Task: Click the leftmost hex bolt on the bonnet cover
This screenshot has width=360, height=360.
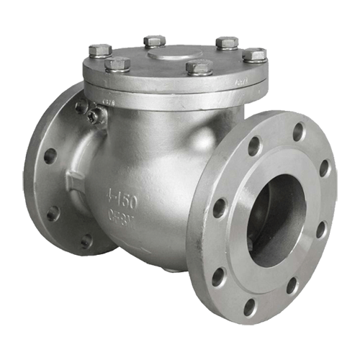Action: tap(100, 50)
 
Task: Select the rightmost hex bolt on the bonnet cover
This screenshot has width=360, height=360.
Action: tap(255, 55)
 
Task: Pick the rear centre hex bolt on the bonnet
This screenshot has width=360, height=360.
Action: tap(155, 40)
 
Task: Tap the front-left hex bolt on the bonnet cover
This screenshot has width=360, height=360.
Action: tap(117, 65)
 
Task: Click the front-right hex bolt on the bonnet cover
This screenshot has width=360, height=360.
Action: tap(199, 68)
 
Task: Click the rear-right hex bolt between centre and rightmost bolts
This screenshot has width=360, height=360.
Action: tap(227, 42)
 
